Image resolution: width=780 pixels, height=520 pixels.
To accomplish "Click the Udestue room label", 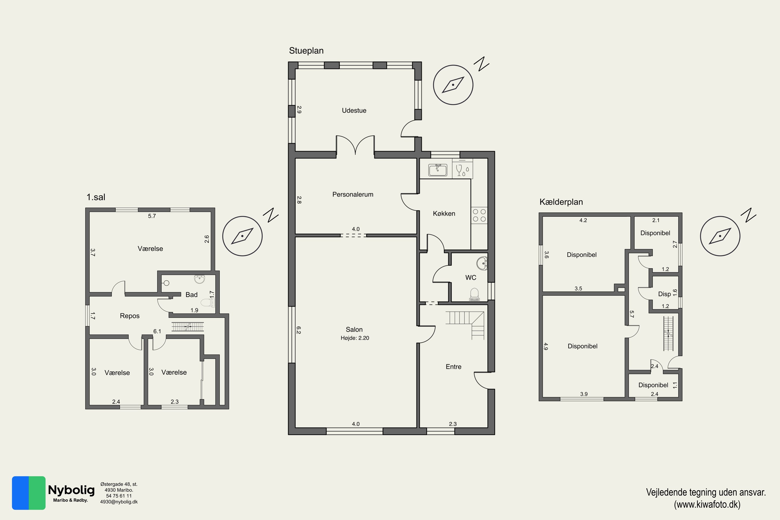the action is [x=354, y=110].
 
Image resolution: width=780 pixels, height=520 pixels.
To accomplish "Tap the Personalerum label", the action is [x=353, y=194].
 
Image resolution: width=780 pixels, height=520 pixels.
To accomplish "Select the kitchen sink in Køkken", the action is [x=437, y=170].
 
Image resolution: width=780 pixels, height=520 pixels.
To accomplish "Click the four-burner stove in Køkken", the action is [x=479, y=215].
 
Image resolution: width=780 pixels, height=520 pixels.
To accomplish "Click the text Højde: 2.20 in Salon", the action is [x=355, y=338].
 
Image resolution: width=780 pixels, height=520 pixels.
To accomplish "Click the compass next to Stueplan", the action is [x=453, y=85].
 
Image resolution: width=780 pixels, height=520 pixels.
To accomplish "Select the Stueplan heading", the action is [x=306, y=51].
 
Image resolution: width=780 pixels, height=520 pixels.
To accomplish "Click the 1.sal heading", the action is [x=96, y=197].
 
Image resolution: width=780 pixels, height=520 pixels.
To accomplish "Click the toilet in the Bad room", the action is [x=208, y=302].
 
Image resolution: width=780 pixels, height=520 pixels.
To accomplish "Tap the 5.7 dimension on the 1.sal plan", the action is [x=152, y=216].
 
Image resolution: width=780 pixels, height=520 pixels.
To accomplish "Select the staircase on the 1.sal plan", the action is [x=187, y=327].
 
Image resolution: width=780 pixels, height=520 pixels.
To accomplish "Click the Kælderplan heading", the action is [x=561, y=202].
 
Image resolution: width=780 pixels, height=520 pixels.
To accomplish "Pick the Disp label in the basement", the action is [x=664, y=294].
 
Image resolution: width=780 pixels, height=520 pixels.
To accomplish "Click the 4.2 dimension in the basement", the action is [x=583, y=220].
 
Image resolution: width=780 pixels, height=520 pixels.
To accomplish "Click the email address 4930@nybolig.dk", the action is [x=119, y=502].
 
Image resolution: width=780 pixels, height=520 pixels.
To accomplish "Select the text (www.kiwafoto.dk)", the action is [x=707, y=504].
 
